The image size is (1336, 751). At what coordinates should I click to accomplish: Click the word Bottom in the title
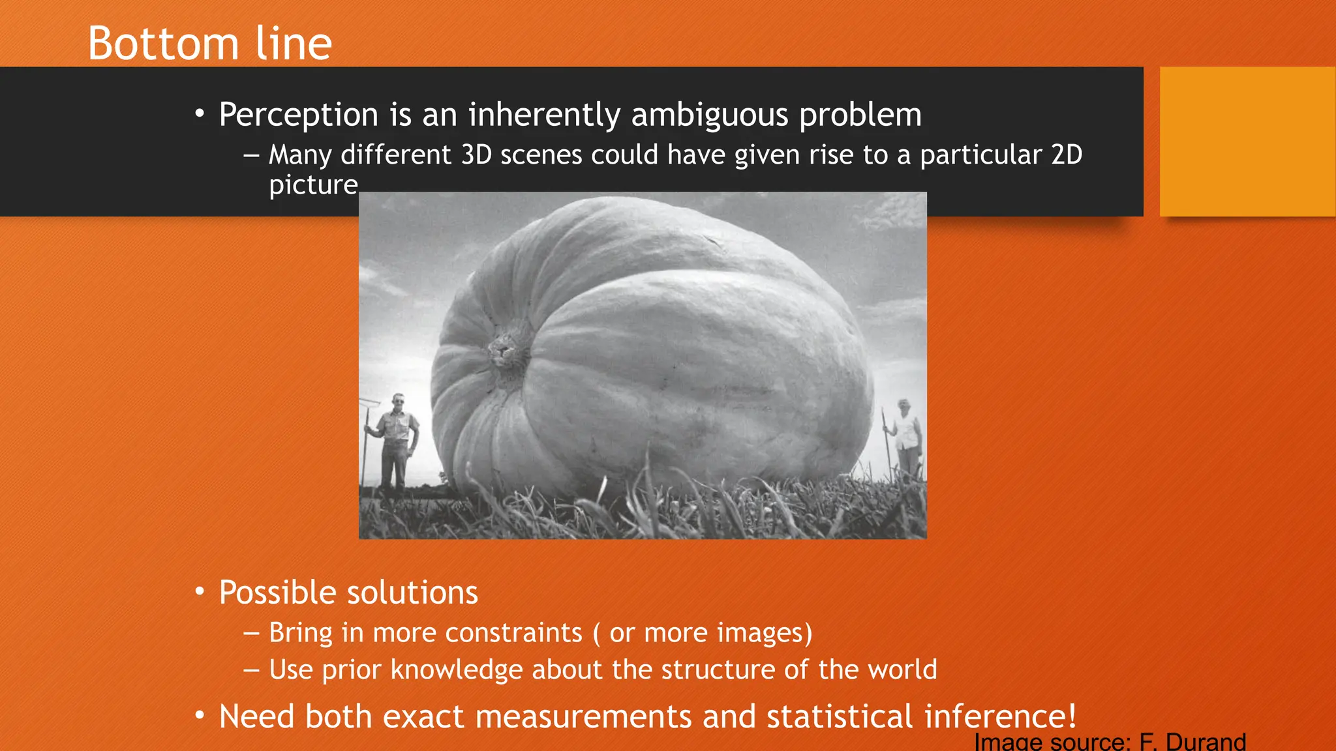(x=163, y=44)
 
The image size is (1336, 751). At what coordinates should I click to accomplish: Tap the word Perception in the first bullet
(x=298, y=115)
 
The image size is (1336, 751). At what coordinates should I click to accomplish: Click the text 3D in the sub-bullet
(x=476, y=155)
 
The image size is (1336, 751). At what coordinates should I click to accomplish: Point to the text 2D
(x=1067, y=155)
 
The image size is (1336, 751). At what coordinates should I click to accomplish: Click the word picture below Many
(x=313, y=185)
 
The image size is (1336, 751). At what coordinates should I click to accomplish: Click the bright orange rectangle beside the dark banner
(x=1247, y=141)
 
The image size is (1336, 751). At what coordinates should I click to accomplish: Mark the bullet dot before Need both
(x=200, y=716)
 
